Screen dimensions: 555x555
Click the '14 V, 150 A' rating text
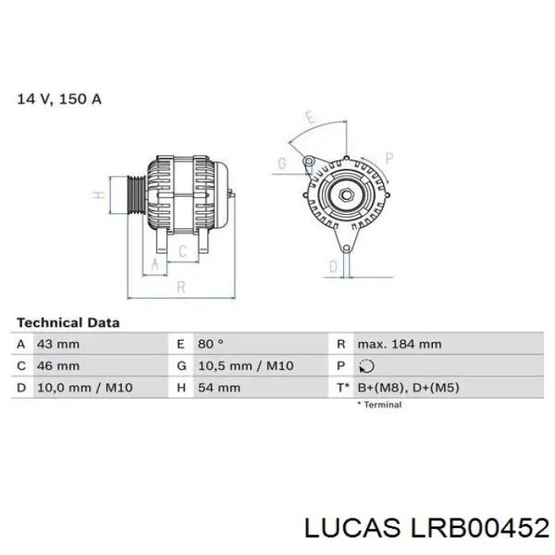coord(59,100)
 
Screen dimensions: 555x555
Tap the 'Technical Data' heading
coord(68,323)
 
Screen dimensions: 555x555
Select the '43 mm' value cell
coord(58,344)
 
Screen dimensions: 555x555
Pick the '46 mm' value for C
coord(58,366)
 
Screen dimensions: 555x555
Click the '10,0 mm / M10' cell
coord(84,388)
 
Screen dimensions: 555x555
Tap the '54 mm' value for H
coord(218,388)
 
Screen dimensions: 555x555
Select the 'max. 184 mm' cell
coord(400,344)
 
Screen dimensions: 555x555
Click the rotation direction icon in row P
coord(366,366)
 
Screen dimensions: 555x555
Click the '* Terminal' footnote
coord(379,404)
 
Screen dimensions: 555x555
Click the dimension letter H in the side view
coord(98,195)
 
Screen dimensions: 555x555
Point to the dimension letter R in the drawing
coord(182,287)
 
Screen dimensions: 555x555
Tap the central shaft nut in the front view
coord(346,195)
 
